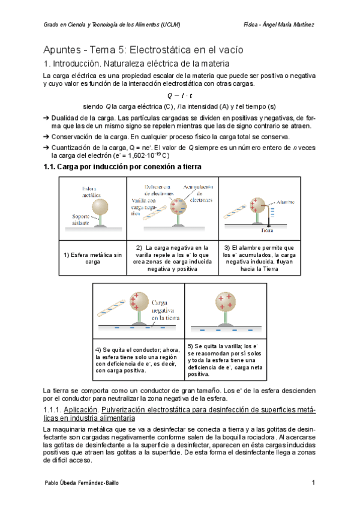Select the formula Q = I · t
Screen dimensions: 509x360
(180, 95)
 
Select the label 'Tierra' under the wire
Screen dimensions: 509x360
(268, 229)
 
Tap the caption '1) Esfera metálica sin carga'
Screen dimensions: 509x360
(92, 259)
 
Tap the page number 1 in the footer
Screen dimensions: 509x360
(313, 483)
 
